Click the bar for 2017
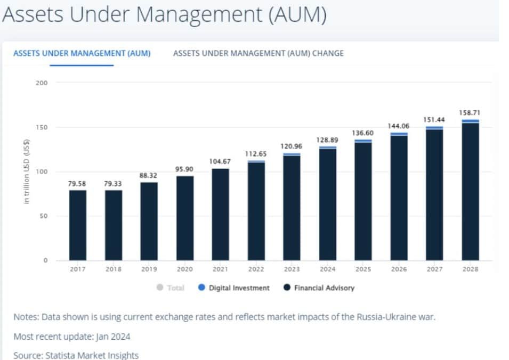[x=78, y=225]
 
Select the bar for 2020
[x=185, y=218]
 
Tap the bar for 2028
[x=471, y=190]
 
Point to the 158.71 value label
[x=470, y=112]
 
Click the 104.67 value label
[x=220, y=161]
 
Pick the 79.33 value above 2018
[x=112, y=184]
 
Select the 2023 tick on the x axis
[x=292, y=269]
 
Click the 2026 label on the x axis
[x=399, y=269]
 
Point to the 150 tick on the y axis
[x=42, y=127]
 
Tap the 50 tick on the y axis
[x=44, y=216]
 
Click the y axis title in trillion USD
[x=27, y=171]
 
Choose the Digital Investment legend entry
[x=234, y=288]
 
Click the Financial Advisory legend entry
[x=319, y=288]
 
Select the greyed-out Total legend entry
[x=171, y=288]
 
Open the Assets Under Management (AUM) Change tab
[x=258, y=53]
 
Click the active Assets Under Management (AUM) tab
[x=82, y=53]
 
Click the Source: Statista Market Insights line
[x=76, y=355]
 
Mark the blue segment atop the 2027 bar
[x=435, y=128]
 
